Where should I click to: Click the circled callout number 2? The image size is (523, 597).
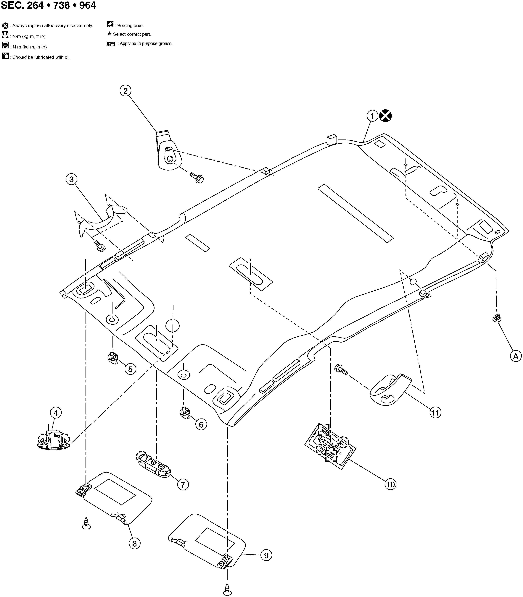[125, 91]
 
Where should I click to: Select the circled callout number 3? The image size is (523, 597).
[72, 179]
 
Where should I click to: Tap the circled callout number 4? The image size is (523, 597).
[56, 413]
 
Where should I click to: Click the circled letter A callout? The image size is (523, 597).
[516, 356]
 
